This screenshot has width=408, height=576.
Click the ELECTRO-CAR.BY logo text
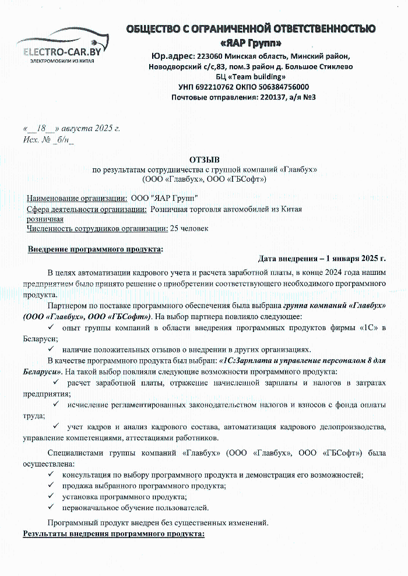pyautogui.click(x=62, y=52)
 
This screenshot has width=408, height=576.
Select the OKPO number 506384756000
pyautogui.click(x=284, y=87)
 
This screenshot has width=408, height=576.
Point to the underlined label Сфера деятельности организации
pyautogui.click(x=86, y=209)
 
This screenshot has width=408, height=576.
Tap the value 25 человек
pyautogui.click(x=189, y=228)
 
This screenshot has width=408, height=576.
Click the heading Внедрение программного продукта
pyautogui.click(x=95, y=249)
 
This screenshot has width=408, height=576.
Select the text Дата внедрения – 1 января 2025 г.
pyautogui.click(x=322, y=258)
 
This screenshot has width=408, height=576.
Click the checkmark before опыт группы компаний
pyautogui.click(x=51, y=328)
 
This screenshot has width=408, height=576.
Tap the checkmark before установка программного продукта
pyautogui.click(x=51, y=497)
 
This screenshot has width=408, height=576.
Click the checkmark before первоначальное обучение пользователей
pyautogui.click(x=51, y=508)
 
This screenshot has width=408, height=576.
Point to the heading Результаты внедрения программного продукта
pyautogui.click(x=114, y=533)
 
